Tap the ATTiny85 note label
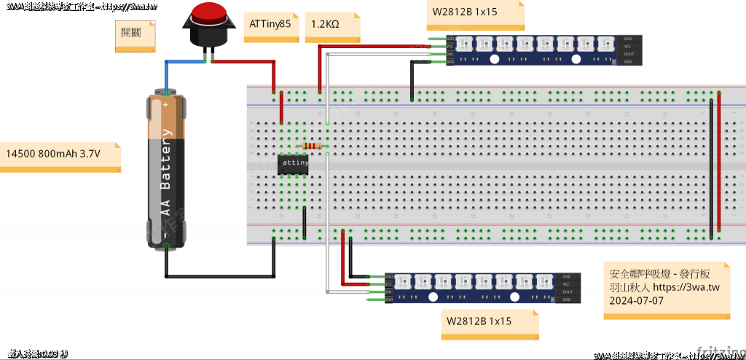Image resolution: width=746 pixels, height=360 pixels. pos(270,24)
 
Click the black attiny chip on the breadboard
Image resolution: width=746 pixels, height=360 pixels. pos(295,165)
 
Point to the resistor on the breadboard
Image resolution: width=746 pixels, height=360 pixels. pos(312,146)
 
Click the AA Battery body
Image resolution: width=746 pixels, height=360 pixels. pos(166,171)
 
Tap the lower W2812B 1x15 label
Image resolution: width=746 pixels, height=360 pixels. pos(479,321)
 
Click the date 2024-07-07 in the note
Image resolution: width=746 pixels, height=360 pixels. pos(637,300)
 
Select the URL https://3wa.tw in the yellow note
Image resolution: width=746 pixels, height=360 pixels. pos(687,288)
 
